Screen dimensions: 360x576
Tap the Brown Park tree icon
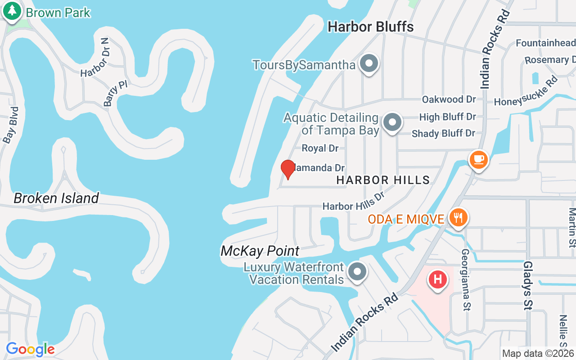(12, 12)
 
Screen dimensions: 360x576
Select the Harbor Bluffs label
(370, 27)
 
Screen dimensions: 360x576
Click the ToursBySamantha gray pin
(369, 64)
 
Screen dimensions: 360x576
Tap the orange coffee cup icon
(479, 159)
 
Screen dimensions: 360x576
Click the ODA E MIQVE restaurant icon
(458, 218)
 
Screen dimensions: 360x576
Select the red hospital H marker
(438, 280)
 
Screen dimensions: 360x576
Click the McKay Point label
(260, 251)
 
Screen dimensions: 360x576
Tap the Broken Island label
(56, 198)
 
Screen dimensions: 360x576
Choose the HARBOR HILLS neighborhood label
(383, 180)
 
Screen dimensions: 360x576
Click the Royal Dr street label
(320, 148)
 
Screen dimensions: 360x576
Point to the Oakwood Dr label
(449, 99)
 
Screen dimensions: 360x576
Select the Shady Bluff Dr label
(443, 133)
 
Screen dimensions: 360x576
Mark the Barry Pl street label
(116, 94)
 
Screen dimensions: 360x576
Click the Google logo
(30, 349)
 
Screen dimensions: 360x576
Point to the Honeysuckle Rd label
(526, 92)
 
